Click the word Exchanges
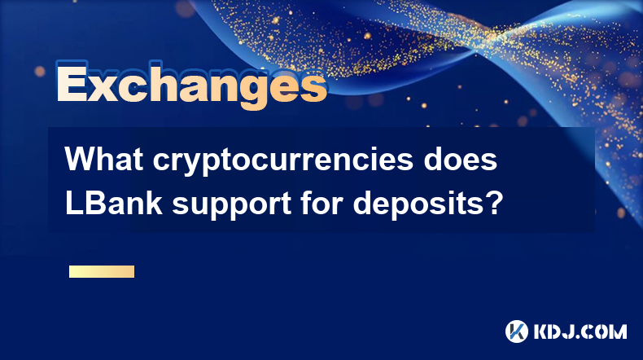pyautogui.click(x=191, y=85)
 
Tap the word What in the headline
pyautogui.click(x=104, y=159)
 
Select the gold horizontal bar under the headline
pyautogui.click(x=102, y=271)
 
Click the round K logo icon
pyautogui.click(x=517, y=331)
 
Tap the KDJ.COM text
pyautogui.click(x=580, y=331)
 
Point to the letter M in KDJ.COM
pyautogui.click(x=618, y=331)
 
